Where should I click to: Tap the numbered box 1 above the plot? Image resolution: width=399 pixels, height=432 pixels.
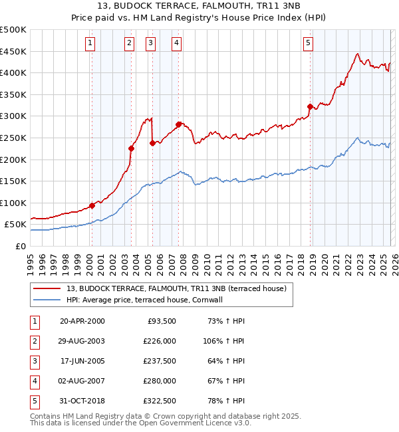[x=90, y=44]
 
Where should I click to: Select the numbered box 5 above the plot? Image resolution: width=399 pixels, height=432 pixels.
[x=309, y=44]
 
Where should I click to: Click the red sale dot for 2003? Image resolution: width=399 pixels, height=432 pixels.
[x=131, y=148]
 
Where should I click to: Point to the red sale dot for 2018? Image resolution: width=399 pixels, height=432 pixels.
[x=310, y=106]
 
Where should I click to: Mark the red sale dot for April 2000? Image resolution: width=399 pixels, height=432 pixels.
[x=92, y=205]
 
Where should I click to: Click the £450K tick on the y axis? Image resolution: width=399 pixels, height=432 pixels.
[x=13, y=51]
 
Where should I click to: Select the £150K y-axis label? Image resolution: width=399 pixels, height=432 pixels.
[x=13, y=181]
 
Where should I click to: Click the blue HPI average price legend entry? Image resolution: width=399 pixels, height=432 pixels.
[x=152, y=300]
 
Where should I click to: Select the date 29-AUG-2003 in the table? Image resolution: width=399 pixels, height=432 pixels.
[x=82, y=340]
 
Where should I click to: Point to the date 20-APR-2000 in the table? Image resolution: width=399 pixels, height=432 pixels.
[x=82, y=320]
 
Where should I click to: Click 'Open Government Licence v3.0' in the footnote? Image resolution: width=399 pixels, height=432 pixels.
[x=197, y=423]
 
